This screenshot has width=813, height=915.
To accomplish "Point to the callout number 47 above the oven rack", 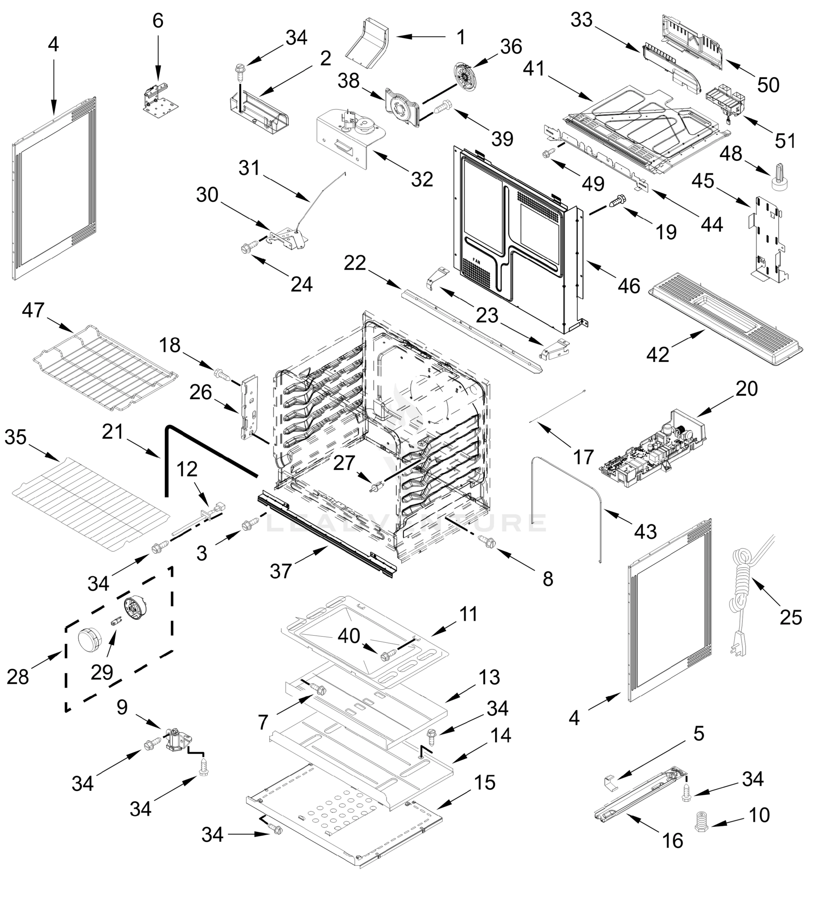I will click(33, 310).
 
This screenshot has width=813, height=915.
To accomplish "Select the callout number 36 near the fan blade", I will click(511, 47).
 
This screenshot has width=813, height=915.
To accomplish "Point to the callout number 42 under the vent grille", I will click(658, 355).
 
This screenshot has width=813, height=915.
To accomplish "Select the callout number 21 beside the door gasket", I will click(113, 432).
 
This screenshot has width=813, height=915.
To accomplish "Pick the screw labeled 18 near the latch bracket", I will click(221, 373).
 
